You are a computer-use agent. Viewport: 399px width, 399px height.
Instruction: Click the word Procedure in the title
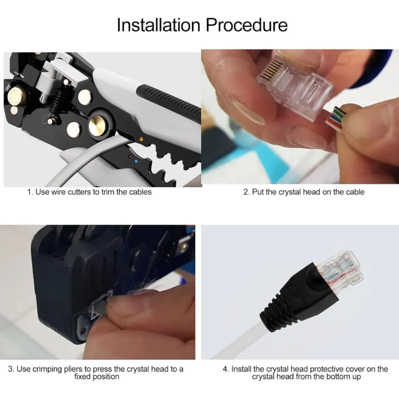[x=246, y=25]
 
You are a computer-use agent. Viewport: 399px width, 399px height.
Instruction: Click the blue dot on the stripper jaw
[x=136, y=161]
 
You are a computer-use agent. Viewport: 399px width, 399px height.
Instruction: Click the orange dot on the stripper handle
[x=140, y=139]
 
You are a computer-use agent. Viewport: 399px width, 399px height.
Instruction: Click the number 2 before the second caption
[x=246, y=192]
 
